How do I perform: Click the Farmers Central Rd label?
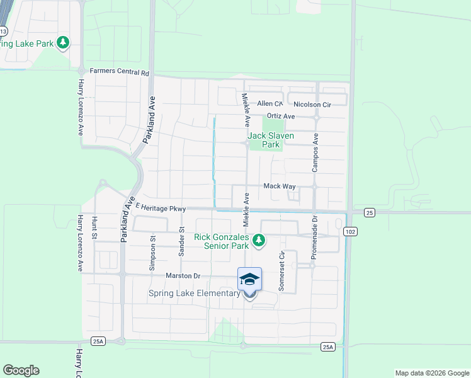click(120, 72)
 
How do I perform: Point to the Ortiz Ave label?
click(280, 117)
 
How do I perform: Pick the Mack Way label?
click(279, 186)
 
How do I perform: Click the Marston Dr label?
click(183, 276)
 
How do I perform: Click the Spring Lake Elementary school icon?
click(249, 278)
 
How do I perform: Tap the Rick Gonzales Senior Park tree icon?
click(258, 240)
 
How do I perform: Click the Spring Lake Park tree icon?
click(62, 43)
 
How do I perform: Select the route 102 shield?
click(349, 232)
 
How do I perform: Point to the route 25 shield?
click(369, 213)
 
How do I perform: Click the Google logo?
click(21, 370)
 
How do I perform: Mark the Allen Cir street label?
click(270, 104)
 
